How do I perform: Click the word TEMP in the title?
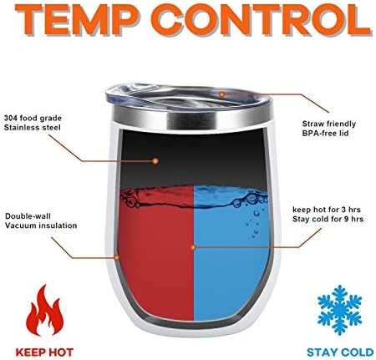(77, 19)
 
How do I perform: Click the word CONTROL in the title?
(261, 19)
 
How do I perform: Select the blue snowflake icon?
(339, 309)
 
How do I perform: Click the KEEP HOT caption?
(44, 352)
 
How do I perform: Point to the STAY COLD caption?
(340, 352)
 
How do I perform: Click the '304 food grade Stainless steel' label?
(33, 123)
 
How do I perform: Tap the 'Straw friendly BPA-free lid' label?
(329, 129)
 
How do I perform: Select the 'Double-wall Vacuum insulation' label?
(41, 221)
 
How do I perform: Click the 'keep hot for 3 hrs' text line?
(327, 210)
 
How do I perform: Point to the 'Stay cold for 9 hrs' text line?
(328, 219)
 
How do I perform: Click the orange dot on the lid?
(221, 94)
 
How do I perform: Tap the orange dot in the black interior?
(155, 161)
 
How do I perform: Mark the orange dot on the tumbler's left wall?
(117, 257)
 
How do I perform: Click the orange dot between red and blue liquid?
(194, 247)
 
